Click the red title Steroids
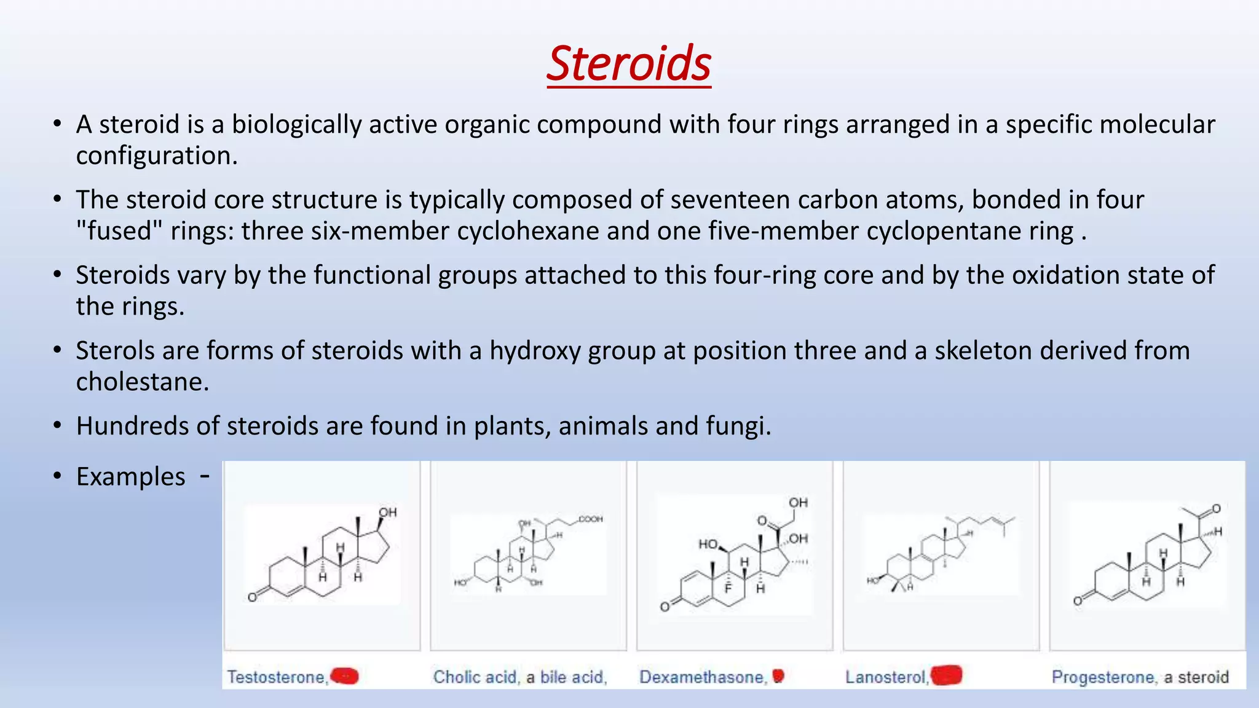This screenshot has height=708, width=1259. [x=629, y=63]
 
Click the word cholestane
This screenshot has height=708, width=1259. [x=142, y=382]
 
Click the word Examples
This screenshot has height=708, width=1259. [x=130, y=477]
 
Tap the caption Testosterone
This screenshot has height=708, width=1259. [x=276, y=677]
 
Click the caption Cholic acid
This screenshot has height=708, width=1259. [x=475, y=677]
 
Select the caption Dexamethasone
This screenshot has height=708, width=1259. [x=701, y=677]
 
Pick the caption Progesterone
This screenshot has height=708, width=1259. [x=1103, y=677]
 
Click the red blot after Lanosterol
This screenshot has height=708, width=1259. [x=946, y=675]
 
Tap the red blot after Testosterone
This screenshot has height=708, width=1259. [x=345, y=676]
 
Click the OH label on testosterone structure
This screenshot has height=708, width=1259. [x=387, y=513]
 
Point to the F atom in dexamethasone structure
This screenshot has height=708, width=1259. [x=728, y=589]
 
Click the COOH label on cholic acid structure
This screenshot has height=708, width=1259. [x=590, y=519]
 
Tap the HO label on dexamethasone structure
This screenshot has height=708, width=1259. [x=708, y=544]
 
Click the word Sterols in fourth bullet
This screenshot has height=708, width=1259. [x=115, y=351]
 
